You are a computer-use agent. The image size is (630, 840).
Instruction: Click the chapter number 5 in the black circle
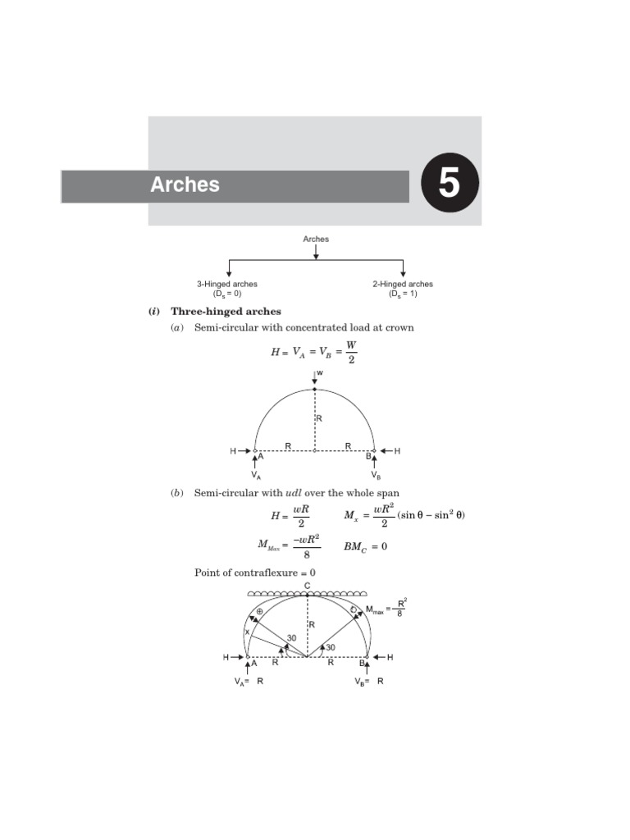click(x=449, y=185)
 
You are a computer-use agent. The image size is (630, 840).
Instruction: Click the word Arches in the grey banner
click(x=185, y=185)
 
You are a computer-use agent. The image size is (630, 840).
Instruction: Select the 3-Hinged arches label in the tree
click(x=226, y=284)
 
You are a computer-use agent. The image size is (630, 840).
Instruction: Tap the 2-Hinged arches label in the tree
click(x=403, y=284)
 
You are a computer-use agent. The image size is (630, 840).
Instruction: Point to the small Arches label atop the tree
click(x=316, y=239)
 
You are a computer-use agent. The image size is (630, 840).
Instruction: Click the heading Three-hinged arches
click(x=226, y=312)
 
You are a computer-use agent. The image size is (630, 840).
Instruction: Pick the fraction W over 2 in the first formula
click(x=351, y=352)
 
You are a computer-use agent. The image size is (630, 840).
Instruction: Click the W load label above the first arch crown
click(x=320, y=373)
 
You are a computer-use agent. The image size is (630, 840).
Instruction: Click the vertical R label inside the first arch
click(x=320, y=418)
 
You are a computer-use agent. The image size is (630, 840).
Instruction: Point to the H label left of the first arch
click(x=233, y=451)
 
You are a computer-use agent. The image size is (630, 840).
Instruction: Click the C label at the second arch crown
click(x=308, y=585)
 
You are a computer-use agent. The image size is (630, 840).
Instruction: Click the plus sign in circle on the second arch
click(x=260, y=612)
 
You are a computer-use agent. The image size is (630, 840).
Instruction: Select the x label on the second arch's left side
click(x=246, y=632)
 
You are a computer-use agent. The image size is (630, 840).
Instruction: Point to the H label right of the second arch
click(x=390, y=657)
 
